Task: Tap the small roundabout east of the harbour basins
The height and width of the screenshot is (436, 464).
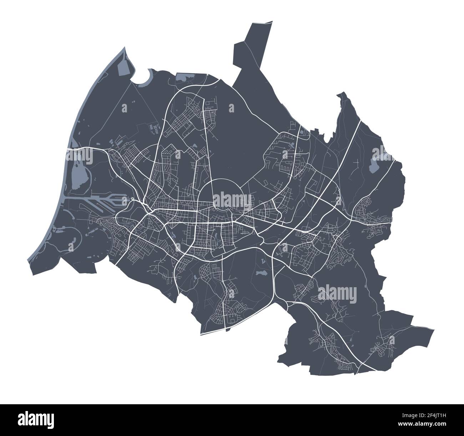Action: (x=132, y=199)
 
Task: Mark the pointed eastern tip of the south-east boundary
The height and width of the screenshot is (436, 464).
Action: (x=434, y=329)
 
